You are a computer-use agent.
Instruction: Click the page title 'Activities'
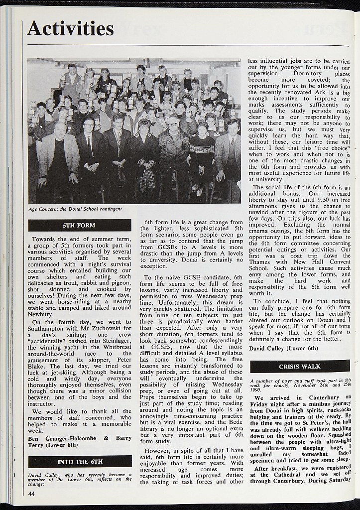70,28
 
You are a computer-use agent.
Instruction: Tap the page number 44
32,493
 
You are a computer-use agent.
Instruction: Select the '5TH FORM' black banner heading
80,225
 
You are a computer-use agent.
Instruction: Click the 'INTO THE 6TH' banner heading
80,461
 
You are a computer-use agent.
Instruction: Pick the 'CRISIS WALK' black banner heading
300,366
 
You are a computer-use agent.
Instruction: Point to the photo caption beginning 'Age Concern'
75,209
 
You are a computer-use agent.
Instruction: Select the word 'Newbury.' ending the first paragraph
40,314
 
